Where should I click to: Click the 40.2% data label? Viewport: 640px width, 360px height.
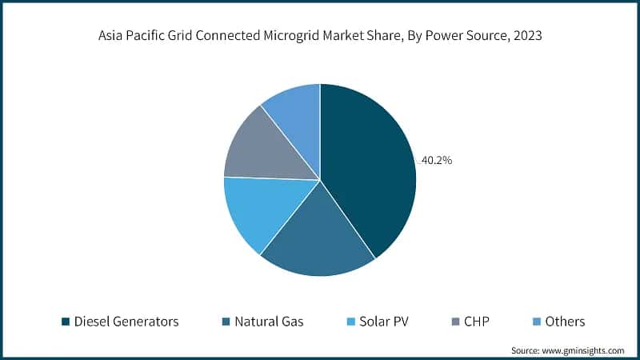(x=437, y=160)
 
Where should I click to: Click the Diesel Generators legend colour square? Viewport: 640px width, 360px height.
(x=65, y=322)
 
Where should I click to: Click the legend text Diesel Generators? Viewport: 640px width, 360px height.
(x=126, y=322)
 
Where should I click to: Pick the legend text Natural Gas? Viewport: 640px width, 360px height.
(x=269, y=322)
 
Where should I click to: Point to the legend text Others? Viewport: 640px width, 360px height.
(x=565, y=322)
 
